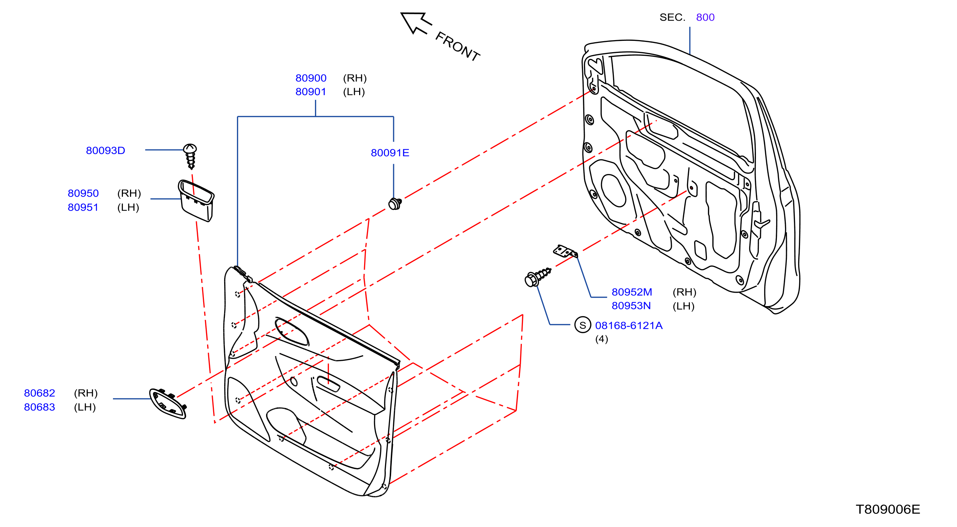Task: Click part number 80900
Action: [x=311, y=78]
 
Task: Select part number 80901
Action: [x=311, y=92]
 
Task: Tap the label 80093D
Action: [x=106, y=151]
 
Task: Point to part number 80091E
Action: [x=390, y=153]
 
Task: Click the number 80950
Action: [x=83, y=193]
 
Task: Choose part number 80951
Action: [x=83, y=207]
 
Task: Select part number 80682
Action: [x=40, y=393]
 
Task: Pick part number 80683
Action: [x=40, y=407]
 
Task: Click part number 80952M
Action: [x=632, y=292]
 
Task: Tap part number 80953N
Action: [x=632, y=306]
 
